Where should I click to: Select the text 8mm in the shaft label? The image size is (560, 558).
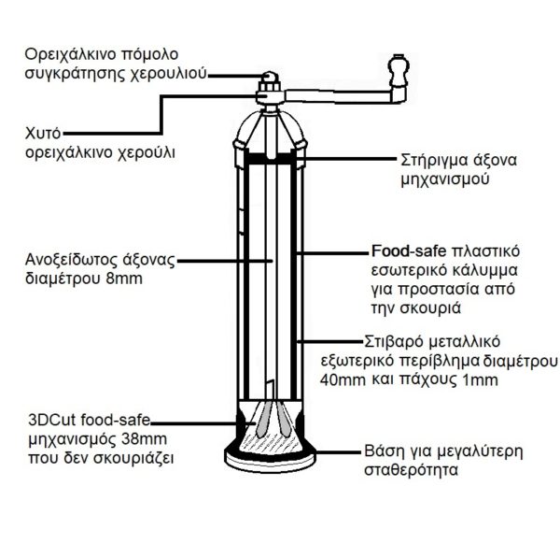pos(124,279)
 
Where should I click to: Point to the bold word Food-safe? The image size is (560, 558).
pos(409,251)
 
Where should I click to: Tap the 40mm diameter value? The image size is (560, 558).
pos(343,379)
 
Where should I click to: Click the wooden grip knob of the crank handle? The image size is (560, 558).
pos(398,70)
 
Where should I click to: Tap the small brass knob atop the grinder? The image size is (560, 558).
pos(270,77)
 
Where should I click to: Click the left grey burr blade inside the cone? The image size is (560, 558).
pos(261,420)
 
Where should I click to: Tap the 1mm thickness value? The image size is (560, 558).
pos(480,379)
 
